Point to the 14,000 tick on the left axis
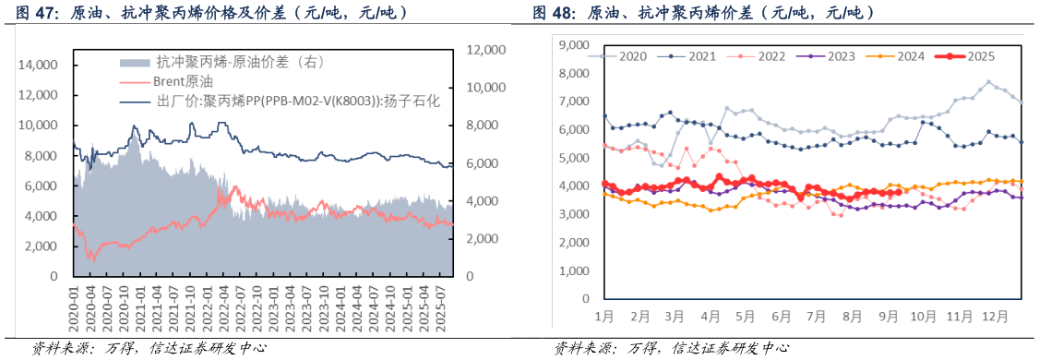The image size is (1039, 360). point(39,66)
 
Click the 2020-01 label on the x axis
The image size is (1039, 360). point(74,304)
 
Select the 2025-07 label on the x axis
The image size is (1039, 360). point(446,304)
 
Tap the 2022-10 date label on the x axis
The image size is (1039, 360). point(261,304)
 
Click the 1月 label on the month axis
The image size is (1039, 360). point(605,316)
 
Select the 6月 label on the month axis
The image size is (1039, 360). point(780,316)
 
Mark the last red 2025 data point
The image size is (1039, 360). point(898,192)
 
